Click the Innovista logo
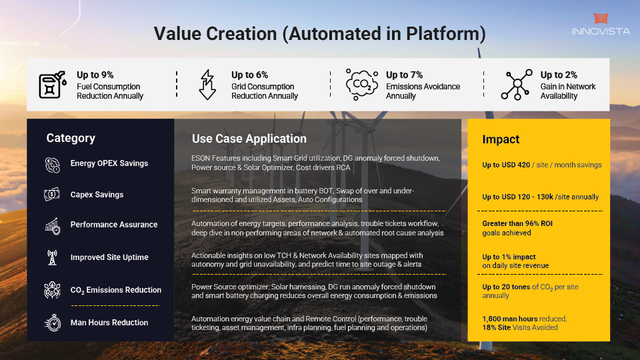tap(601, 24)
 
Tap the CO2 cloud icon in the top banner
tap(361, 85)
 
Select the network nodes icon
tap(517, 85)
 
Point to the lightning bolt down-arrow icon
tap(207, 85)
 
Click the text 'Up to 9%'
tap(95, 75)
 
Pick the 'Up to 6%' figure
tap(250, 75)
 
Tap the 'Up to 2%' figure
tap(559, 75)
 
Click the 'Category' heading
tap(71, 139)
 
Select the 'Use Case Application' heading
tap(249, 139)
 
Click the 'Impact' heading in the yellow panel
tap(501, 139)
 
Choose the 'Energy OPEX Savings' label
tap(109, 163)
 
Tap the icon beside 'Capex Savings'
tap(52, 194)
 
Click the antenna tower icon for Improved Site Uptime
tap(52, 257)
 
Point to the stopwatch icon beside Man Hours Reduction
tap(53, 323)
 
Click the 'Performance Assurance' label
tap(114, 225)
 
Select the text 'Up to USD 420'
tap(506, 165)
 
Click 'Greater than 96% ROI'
tap(517, 223)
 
